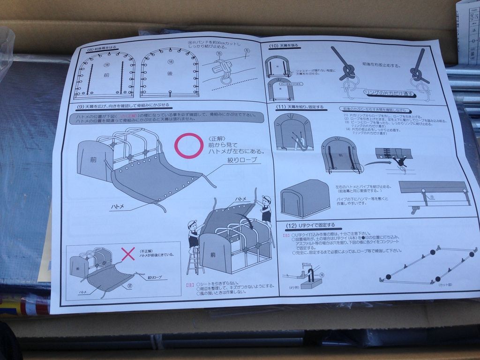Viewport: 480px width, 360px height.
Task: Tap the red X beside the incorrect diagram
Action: point(128,254)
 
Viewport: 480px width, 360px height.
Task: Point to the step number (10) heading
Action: point(274,45)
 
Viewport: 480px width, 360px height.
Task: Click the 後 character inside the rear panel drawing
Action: point(170,74)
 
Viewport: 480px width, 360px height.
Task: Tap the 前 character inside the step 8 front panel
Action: point(106,75)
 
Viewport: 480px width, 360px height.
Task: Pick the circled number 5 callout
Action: point(247,51)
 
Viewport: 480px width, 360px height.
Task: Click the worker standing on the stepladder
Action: point(193,234)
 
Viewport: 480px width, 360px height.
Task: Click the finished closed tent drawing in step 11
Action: point(304,198)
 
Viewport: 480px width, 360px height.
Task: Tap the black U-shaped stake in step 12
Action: point(309,272)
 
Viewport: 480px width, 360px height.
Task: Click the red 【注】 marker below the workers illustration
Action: point(190,285)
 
